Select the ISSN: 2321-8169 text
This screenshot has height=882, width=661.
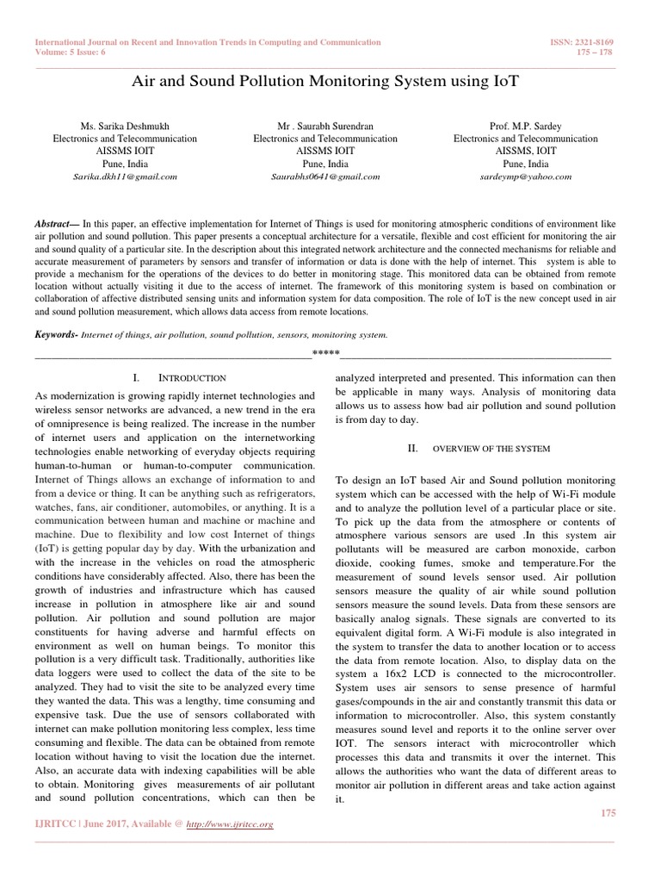[x=583, y=41]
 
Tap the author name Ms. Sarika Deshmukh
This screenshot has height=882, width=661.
[x=125, y=126]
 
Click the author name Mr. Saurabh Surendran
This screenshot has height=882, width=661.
[x=324, y=126]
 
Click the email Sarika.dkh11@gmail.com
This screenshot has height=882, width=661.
[x=125, y=176]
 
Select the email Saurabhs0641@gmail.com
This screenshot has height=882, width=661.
[x=324, y=176]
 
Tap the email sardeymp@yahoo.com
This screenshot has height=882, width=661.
[x=525, y=176]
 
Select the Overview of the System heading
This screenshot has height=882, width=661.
[x=491, y=449]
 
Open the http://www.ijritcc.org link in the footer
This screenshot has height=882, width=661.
[x=230, y=825]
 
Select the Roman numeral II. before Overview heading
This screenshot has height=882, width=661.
[x=411, y=449]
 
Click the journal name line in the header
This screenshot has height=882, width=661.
[x=207, y=41]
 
